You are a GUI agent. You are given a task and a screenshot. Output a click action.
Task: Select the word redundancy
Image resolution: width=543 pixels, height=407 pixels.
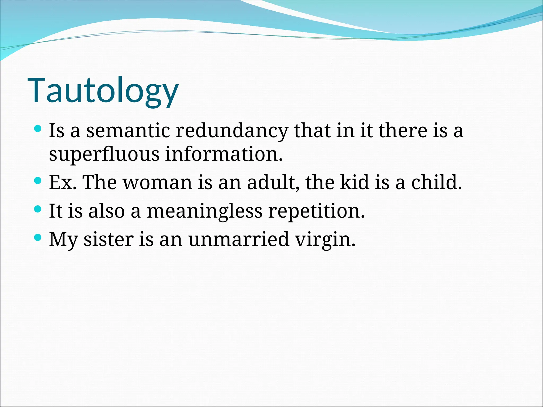(232, 131)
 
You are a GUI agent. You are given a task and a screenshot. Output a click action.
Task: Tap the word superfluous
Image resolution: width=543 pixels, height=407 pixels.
(104, 154)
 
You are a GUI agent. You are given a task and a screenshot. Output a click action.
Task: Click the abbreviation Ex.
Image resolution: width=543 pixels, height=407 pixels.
(63, 183)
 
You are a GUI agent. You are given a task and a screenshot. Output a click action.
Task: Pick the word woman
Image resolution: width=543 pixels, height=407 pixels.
(157, 183)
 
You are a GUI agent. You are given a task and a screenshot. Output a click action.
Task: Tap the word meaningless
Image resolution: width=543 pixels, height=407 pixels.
(204, 211)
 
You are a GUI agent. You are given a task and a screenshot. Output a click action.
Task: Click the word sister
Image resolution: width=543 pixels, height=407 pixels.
(108, 240)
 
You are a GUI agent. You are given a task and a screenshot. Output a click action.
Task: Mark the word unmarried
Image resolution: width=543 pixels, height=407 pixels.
(238, 240)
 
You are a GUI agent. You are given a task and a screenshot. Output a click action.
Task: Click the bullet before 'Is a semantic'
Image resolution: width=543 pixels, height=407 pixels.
(38, 129)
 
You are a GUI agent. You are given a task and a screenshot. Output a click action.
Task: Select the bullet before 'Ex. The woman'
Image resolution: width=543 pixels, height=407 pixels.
(38, 181)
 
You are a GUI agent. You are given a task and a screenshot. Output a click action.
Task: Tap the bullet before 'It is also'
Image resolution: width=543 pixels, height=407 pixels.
(38, 210)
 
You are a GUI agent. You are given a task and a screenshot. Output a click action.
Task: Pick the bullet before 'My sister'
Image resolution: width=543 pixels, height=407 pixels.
(38, 238)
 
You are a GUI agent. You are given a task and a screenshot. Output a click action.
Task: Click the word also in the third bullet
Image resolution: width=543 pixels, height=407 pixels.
(106, 211)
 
